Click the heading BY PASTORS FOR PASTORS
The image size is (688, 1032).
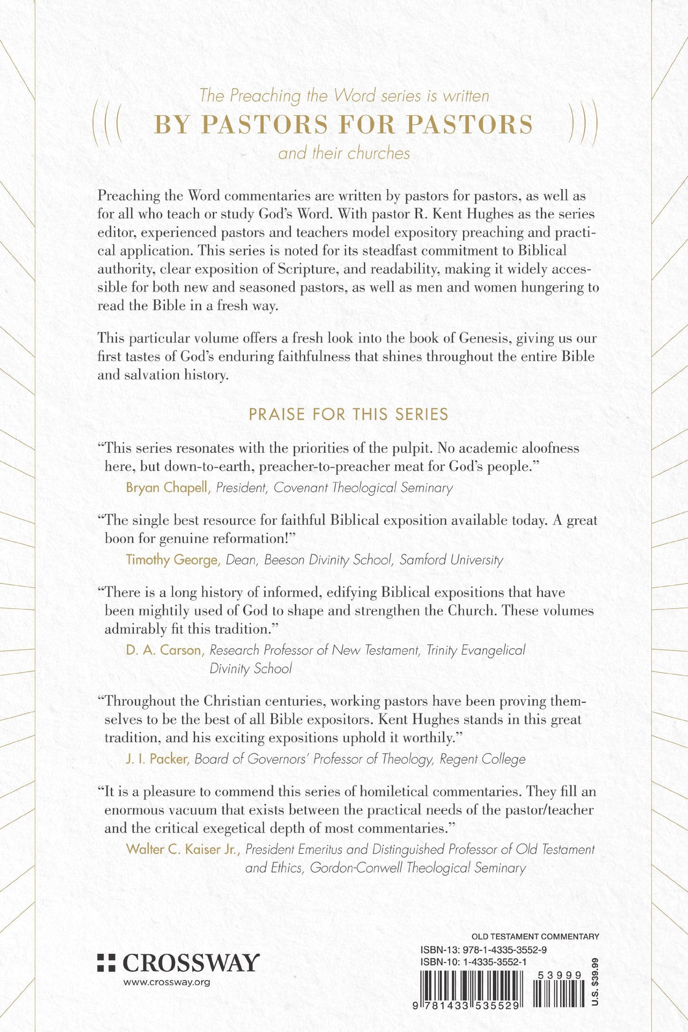(343, 125)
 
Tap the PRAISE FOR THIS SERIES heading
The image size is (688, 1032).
(349, 414)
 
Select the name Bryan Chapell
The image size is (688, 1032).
(168, 488)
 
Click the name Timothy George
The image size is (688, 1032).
(173, 560)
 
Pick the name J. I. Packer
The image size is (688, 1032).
(158, 759)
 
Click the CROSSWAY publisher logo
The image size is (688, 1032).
(190, 963)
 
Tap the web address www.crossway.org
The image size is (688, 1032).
(166, 982)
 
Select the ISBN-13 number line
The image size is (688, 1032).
(483, 950)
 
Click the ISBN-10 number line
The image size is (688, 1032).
(473, 962)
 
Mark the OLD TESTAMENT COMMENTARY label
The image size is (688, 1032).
(535, 936)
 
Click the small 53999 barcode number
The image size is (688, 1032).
(559, 975)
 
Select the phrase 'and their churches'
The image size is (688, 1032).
(344, 153)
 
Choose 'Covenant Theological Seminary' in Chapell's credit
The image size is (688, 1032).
(363, 488)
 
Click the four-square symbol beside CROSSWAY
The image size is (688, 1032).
(106, 962)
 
